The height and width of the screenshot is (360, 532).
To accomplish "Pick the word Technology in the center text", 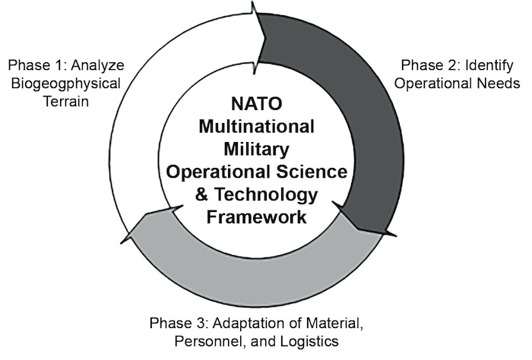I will coord(269,195).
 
